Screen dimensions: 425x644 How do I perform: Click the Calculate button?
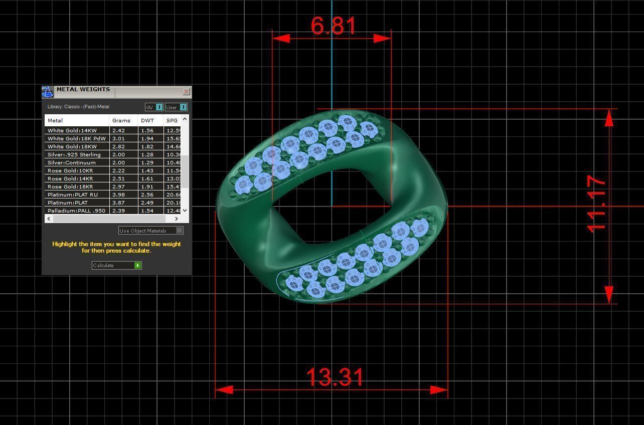point(116,265)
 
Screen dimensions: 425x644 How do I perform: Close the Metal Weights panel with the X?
point(186,91)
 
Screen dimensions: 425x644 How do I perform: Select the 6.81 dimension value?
point(334,26)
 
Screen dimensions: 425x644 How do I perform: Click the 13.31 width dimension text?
point(335,377)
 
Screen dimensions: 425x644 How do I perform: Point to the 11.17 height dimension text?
point(596,203)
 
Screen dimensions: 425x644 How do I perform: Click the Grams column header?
point(121,120)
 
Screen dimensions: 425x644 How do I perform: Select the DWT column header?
point(147,120)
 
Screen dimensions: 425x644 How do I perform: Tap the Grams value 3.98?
point(118,194)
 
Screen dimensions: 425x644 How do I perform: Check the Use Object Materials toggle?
point(180,231)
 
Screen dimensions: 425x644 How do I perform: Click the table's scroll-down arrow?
point(185,210)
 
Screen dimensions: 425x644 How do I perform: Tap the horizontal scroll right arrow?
point(176,219)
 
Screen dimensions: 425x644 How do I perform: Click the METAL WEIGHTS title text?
point(83,89)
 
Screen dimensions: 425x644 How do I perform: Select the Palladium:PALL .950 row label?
point(76,210)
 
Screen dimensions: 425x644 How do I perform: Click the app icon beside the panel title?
point(48,92)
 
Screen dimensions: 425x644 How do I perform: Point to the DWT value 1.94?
point(147,138)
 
